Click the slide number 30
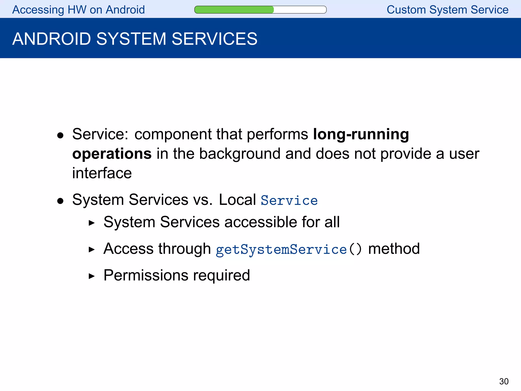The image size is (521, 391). [x=504, y=381]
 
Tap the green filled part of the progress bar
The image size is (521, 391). [x=234, y=10]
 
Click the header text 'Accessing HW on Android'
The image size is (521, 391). [x=78, y=10]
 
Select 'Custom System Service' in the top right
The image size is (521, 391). [x=447, y=10]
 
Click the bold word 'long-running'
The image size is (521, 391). [x=361, y=134]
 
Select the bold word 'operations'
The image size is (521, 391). [x=112, y=154]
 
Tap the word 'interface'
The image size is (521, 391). [x=102, y=173]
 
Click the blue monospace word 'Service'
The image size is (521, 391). [x=289, y=200]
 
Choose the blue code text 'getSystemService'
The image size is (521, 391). [x=281, y=249]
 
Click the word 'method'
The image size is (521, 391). [x=394, y=249]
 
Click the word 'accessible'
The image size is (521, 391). [x=260, y=222]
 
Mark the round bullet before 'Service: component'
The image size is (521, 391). [x=60, y=135]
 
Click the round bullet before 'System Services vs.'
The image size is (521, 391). [x=60, y=201]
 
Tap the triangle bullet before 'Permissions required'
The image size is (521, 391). [x=92, y=276]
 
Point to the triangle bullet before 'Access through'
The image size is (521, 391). [x=92, y=249]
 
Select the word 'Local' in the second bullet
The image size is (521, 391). [x=237, y=200]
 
